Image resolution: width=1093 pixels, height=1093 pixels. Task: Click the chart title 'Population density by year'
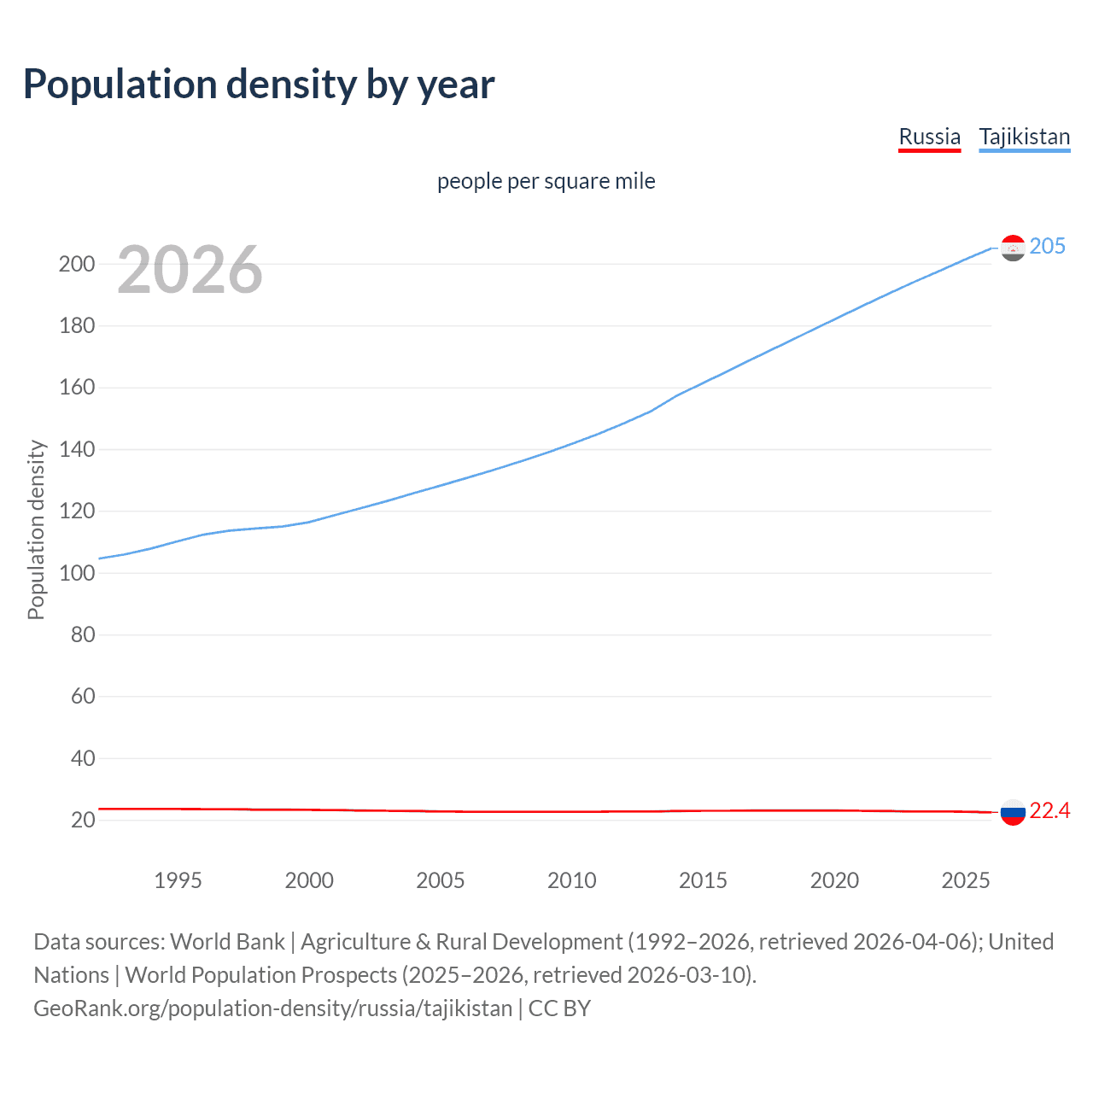pyautogui.click(x=259, y=85)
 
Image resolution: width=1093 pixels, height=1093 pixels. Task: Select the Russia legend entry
pyautogui.click(x=929, y=137)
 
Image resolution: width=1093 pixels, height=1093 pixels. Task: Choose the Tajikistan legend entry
pyautogui.click(x=1024, y=137)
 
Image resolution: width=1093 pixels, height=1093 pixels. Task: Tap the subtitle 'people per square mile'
pyautogui.click(x=546, y=181)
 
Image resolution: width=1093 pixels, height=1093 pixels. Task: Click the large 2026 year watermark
pyautogui.click(x=190, y=270)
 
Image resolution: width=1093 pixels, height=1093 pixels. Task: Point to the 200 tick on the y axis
pyautogui.click(x=76, y=264)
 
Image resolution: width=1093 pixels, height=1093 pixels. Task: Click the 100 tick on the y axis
pyautogui.click(x=76, y=573)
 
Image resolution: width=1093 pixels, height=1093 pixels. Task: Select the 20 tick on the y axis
pyautogui.click(x=82, y=820)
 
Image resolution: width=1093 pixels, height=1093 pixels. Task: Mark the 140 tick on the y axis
pyautogui.click(x=76, y=449)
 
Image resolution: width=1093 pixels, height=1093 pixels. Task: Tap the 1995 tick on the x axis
pyautogui.click(x=178, y=880)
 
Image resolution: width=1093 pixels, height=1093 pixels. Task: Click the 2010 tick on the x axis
pyautogui.click(x=571, y=880)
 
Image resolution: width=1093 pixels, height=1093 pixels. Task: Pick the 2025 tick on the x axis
pyautogui.click(x=965, y=880)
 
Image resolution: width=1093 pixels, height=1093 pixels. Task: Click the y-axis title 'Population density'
pyautogui.click(x=36, y=529)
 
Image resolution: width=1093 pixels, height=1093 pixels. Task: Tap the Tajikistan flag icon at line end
pyautogui.click(x=1013, y=248)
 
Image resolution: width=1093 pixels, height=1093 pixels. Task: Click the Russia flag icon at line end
pyautogui.click(x=1013, y=812)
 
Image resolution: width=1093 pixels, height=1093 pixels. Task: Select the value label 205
pyautogui.click(x=1047, y=247)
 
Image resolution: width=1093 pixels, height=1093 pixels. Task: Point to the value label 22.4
pyautogui.click(x=1049, y=811)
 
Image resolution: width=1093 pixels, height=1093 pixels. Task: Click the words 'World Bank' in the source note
pyautogui.click(x=227, y=942)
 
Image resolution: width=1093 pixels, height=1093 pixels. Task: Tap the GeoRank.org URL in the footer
pyautogui.click(x=272, y=1008)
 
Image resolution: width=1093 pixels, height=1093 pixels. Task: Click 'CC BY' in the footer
pyautogui.click(x=559, y=1008)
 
